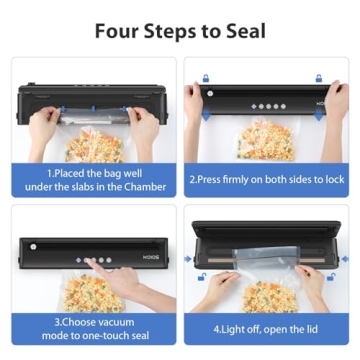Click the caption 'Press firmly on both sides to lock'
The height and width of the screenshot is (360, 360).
[x=267, y=183]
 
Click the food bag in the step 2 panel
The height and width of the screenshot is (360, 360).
[x=268, y=140]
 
